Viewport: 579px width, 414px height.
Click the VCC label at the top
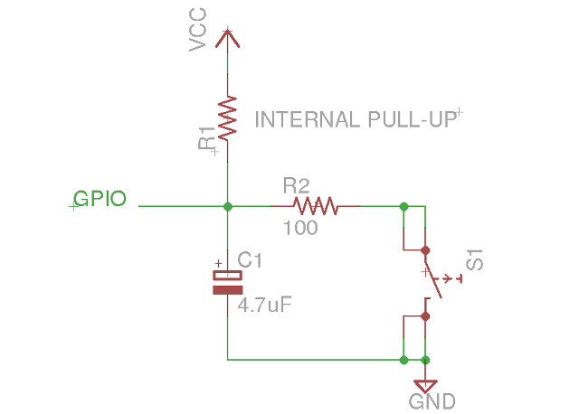199,30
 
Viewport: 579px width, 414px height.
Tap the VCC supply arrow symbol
227,39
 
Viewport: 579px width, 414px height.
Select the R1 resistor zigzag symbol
227,117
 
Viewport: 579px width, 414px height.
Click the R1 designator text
207,139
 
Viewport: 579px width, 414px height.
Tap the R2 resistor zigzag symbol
315,207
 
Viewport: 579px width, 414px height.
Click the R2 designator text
296,186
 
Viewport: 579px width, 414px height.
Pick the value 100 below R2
299,229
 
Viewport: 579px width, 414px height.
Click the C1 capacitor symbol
227,282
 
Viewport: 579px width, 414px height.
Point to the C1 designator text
250,260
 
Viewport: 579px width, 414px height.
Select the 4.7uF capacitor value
264,306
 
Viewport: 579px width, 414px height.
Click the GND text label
432,401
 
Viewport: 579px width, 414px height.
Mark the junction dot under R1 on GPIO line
227,207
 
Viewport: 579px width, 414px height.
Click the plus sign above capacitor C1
218,264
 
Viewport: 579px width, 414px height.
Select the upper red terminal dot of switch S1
425,249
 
